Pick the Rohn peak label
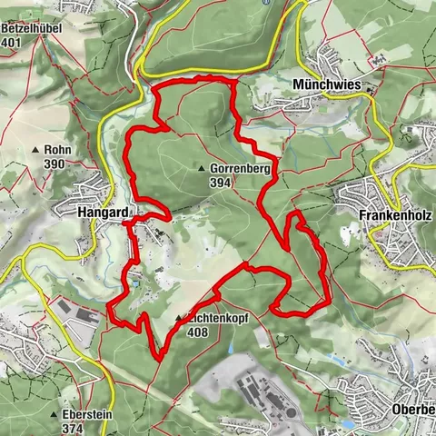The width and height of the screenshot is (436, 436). tap(57, 151)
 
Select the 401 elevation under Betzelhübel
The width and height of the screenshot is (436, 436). tap(12, 42)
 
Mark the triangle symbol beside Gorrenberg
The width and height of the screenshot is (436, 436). tap(202, 169)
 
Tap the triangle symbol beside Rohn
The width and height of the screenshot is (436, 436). tap(36, 151)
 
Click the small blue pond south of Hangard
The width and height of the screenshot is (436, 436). tap(134, 282)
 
